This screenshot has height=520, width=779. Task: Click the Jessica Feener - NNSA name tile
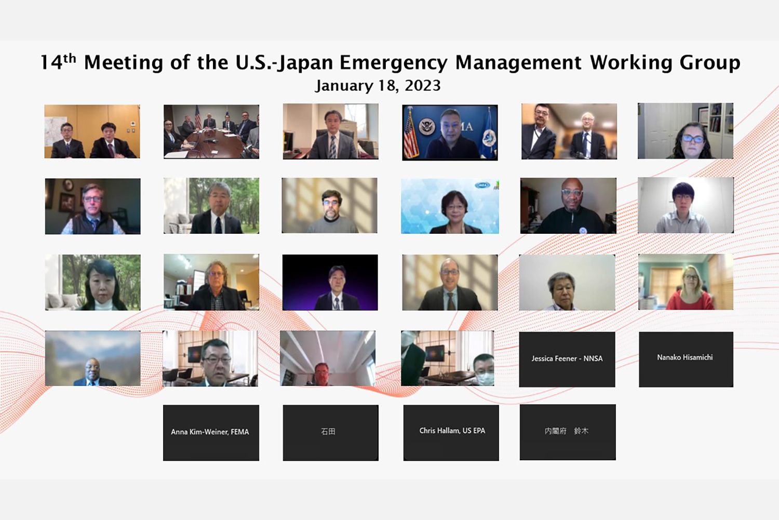click(567, 359)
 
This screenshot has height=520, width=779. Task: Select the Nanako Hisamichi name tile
click(686, 359)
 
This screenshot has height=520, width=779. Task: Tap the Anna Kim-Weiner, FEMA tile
click(211, 433)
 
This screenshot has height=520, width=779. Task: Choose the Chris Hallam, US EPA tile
click(451, 433)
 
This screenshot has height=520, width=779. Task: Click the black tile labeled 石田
click(331, 433)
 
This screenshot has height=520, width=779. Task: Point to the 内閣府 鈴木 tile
click(568, 432)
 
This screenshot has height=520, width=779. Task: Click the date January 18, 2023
click(378, 86)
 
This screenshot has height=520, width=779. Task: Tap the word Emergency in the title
click(393, 63)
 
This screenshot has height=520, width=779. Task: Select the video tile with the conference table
click(211, 132)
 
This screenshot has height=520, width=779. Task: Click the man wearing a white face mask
click(483, 369)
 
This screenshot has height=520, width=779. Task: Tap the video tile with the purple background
click(330, 283)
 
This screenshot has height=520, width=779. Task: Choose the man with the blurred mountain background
click(93, 372)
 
